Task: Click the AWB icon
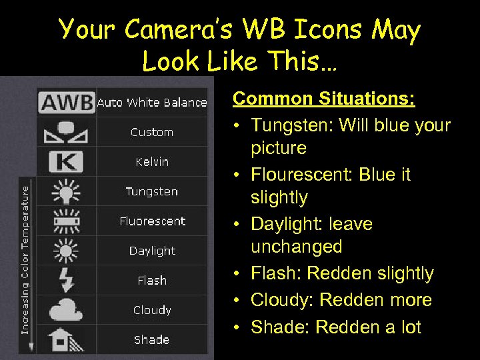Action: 67,102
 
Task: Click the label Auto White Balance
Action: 152,103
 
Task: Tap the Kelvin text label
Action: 152,162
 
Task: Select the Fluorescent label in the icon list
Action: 152,221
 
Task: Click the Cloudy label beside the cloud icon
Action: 152,310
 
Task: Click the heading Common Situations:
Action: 324,99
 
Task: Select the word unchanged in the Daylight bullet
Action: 297,247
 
